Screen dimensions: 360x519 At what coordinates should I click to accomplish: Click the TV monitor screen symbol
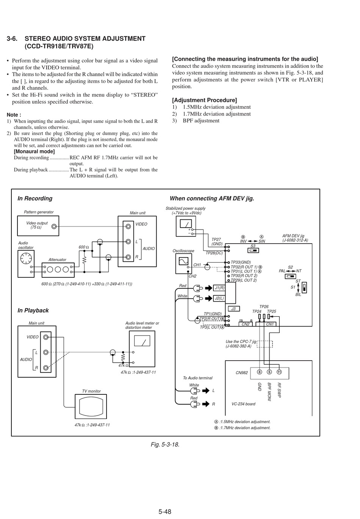[91, 406]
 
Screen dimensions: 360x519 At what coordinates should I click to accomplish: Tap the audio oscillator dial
[26, 259]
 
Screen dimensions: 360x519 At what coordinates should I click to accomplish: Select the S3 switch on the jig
[253, 250]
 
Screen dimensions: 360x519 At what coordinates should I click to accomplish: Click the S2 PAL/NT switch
[290, 277]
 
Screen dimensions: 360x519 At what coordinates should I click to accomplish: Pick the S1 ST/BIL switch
[304, 288]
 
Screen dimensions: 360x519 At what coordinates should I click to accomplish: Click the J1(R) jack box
[219, 288]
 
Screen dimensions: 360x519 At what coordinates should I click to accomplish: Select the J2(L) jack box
[219, 298]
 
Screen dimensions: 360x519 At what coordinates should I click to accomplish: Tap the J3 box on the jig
[234, 309]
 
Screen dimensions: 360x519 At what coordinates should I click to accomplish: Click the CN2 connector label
[246, 324]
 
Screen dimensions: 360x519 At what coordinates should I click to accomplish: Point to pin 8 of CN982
[260, 372]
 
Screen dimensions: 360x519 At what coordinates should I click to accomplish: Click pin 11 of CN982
[279, 372]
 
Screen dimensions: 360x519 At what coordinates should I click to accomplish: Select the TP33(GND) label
[241, 262]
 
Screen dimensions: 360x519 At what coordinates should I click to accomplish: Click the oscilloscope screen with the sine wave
[183, 261]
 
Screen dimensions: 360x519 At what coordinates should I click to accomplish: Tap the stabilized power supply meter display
[186, 224]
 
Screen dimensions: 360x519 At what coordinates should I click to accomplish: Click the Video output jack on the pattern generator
[54, 227]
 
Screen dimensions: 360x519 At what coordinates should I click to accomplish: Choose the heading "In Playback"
[33, 311]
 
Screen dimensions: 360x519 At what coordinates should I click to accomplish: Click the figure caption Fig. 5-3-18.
[165, 444]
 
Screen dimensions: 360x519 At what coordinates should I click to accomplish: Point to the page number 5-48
[165, 511]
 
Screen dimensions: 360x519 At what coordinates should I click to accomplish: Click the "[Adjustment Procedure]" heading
[205, 100]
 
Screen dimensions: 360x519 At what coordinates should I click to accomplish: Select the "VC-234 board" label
[243, 404]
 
